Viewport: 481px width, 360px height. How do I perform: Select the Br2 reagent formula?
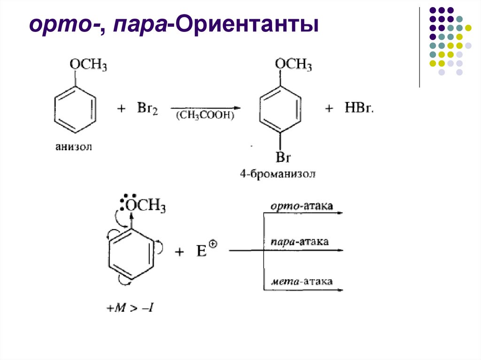147,109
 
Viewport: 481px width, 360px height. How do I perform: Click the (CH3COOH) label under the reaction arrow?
205,115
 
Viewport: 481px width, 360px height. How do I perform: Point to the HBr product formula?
360,108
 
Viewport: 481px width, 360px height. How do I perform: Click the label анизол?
74,147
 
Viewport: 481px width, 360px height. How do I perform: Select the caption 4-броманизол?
278,175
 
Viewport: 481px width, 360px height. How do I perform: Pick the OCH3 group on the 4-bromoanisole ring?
293,64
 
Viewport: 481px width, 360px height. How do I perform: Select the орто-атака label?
302,206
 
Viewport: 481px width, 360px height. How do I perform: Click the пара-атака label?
299,241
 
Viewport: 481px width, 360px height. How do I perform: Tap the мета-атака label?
302,282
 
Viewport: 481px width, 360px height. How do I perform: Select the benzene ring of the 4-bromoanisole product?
280,109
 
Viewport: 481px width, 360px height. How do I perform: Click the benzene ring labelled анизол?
75,109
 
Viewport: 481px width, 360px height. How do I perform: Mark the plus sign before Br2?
122,109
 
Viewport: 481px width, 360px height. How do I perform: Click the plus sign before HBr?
330,109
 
